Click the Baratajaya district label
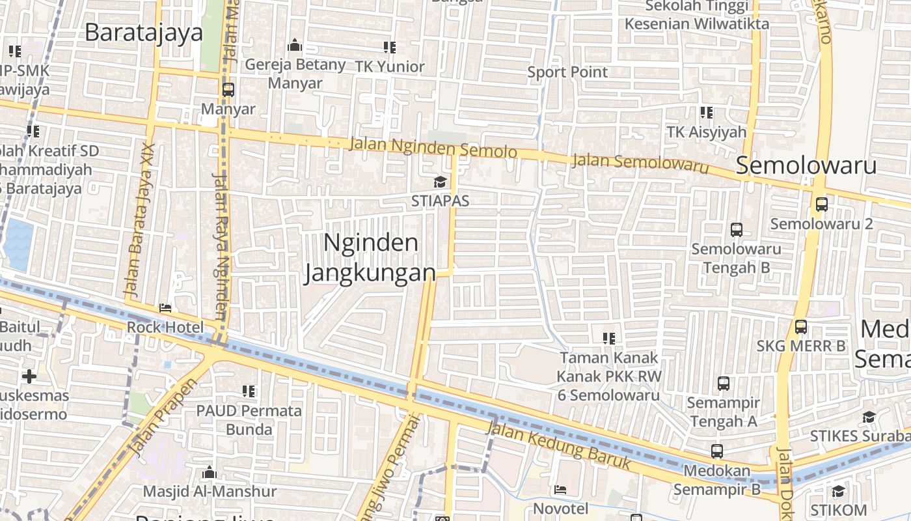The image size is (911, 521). coord(144,32)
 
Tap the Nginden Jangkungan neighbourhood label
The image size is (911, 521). coord(370,258)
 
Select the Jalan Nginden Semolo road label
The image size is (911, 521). coord(433,148)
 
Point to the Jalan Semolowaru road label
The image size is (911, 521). coord(640,163)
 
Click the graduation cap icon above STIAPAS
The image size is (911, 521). coord(441,182)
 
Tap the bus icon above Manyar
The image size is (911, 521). coord(228,90)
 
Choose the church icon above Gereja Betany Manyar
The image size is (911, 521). coord(295,46)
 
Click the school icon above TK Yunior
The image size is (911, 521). coord(390,47)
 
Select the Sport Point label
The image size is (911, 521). coord(567,72)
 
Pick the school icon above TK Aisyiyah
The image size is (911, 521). coord(706,113)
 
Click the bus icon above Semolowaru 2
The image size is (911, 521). coord(822,204)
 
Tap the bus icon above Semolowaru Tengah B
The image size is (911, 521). coord(737,230)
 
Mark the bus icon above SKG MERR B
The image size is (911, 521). coord(801,327)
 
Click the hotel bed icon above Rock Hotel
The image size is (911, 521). coord(165,308)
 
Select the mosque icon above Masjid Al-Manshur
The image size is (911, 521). coord(210,472)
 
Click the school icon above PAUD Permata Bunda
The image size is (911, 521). coord(249,391)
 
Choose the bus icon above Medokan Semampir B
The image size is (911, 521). coord(716,451)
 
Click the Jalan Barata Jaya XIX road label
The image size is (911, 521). coord(139,218)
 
